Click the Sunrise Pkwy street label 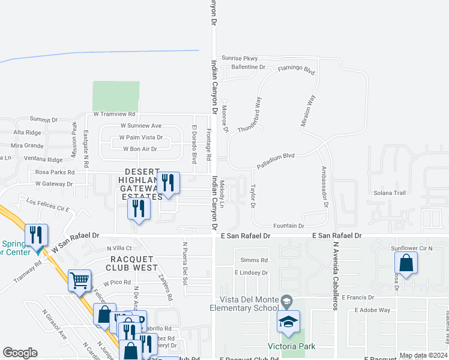(239, 58)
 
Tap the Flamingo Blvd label (296, 70)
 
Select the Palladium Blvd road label (276, 156)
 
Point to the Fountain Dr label (288, 226)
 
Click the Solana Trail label (390, 193)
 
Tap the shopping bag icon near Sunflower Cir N (406, 262)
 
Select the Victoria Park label (291, 346)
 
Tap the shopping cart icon (79, 280)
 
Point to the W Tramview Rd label (114, 114)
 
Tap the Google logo (20, 353)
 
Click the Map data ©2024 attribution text (423, 355)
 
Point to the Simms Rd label (253, 260)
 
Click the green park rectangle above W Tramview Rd (116, 96)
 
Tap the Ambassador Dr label (325, 187)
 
